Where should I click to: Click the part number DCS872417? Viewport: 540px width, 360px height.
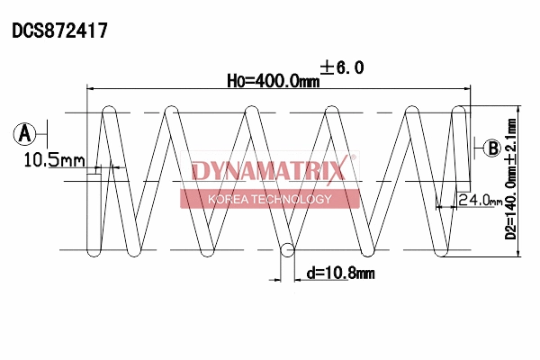[x=60, y=31]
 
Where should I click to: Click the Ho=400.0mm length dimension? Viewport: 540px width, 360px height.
[x=273, y=81]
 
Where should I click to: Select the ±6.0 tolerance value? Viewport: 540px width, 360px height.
[x=342, y=67]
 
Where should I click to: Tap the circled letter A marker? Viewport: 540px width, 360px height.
[x=24, y=134]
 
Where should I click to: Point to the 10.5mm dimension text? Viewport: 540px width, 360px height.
[x=54, y=160]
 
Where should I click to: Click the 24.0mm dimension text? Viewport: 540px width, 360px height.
[x=479, y=201]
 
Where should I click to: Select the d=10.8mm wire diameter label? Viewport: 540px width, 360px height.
[x=340, y=272]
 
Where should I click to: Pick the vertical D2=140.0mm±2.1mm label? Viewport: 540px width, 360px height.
[x=510, y=184]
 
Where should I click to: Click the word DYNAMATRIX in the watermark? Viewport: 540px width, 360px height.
[x=268, y=171]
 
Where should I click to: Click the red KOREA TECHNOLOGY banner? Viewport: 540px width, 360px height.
[x=269, y=199]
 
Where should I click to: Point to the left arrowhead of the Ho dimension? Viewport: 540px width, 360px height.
[x=89, y=88]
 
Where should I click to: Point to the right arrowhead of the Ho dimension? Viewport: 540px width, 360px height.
[x=467, y=88]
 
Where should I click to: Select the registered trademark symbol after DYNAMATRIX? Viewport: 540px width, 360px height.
[x=353, y=158]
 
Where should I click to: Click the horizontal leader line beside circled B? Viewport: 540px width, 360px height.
[x=477, y=148]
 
